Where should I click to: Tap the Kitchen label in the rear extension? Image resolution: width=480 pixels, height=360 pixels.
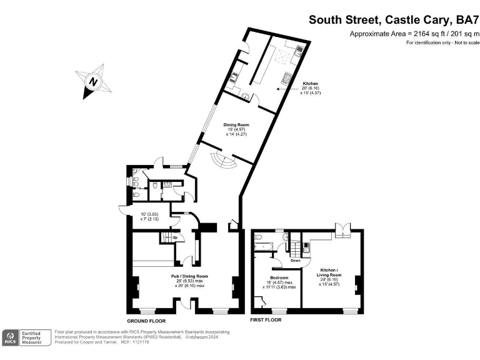[x=311, y=83]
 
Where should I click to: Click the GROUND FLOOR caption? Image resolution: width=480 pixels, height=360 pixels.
[x=146, y=319]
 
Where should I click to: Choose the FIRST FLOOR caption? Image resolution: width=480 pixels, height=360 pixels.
[x=266, y=319]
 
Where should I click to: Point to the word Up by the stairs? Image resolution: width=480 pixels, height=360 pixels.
[x=174, y=237]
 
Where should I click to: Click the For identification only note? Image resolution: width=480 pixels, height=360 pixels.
[x=442, y=42]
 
